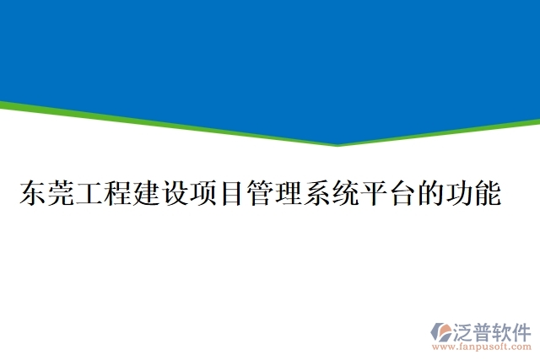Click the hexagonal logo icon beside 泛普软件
pos(441,330)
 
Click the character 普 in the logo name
pos(483,330)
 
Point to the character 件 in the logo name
pos(521,330)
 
